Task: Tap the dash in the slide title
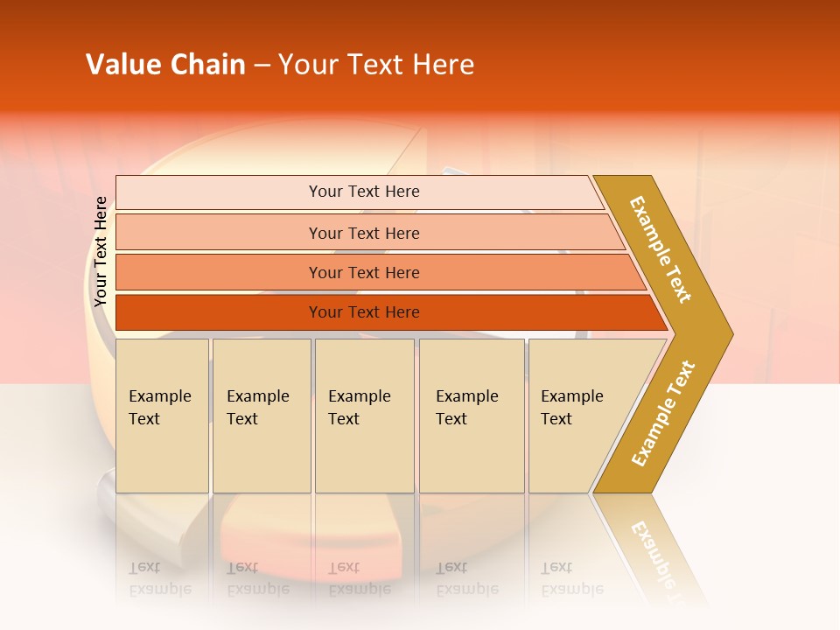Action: click(x=262, y=66)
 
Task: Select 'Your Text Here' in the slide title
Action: click(x=376, y=65)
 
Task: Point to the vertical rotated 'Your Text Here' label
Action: click(x=101, y=251)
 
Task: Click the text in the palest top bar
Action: click(x=364, y=192)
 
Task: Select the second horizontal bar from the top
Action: click(x=364, y=233)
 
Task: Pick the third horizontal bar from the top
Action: click(x=364, y=272)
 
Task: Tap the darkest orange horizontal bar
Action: click(x=364, y=312)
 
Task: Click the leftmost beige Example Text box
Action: click(x=162, y=416)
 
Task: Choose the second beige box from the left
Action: click(x=261, y=416)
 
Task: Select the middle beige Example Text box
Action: click(x=364, y=416)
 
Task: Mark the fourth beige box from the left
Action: click(x=471, y=416)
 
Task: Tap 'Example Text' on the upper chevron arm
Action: click(x=661, y=249)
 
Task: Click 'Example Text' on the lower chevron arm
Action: click(x=663, y=413)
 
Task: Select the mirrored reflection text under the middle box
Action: click(x=359, y=578)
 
